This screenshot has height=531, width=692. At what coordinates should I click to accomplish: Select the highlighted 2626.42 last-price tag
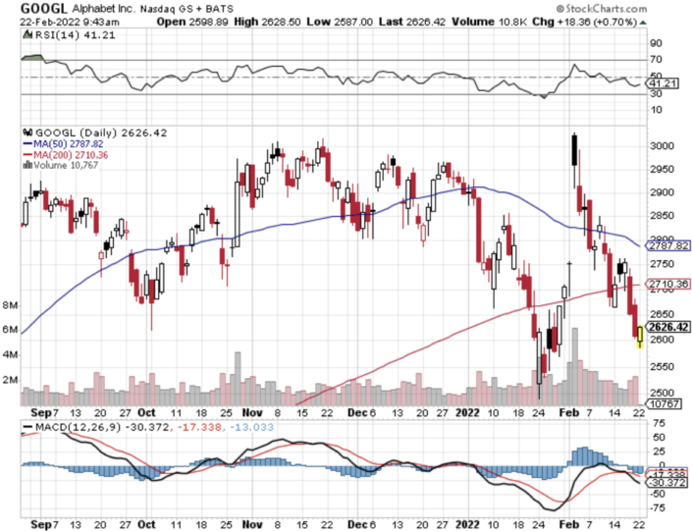(x=664, y=327)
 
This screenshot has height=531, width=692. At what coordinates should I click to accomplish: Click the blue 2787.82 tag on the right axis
(x=664, y=245)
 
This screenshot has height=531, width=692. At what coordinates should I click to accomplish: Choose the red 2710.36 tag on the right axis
(x=664, y=285)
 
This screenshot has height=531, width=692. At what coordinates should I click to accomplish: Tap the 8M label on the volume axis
(x=11, y=304)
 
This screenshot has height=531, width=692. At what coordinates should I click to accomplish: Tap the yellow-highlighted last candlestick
(x=640, y=336)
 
